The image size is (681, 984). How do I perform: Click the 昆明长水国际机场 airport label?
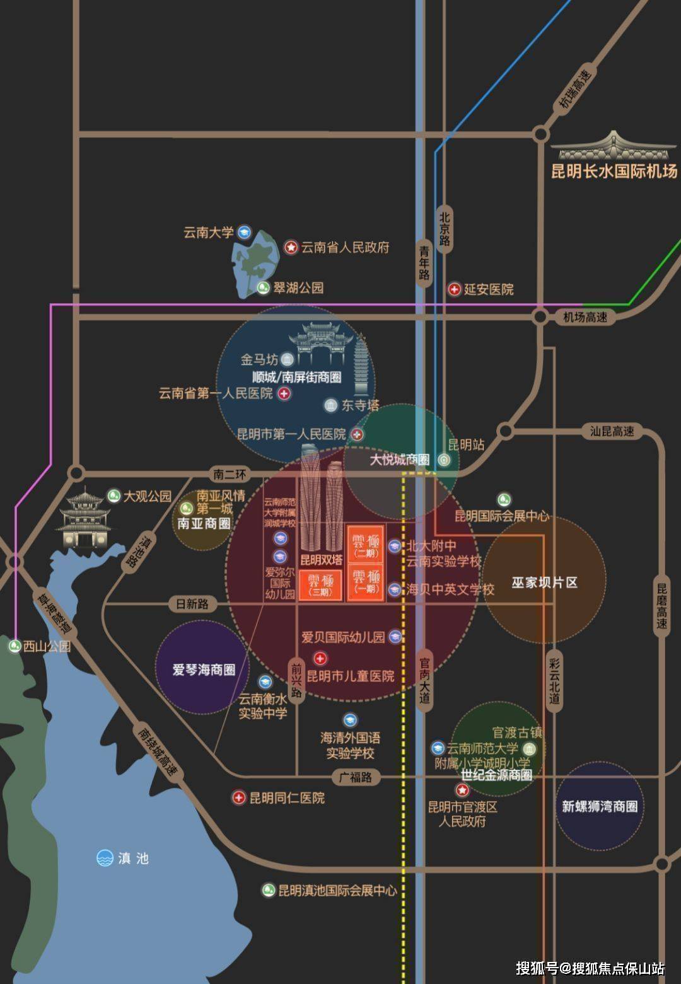click(x=614, y=171)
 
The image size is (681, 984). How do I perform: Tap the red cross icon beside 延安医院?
click(x=454, y=289)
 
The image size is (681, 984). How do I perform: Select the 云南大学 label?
click(x=209, y=233)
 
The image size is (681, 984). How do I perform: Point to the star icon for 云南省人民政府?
click(x=291, y=248)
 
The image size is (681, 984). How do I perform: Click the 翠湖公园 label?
click(x=298, y=288)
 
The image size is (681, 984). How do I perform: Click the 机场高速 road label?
click(x=585, y=318)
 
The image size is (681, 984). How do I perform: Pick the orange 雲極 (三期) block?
click(x=320, y=585)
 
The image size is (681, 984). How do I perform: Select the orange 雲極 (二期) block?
click(x=365, y=545)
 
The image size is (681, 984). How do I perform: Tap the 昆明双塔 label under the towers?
click(x=321, y=560)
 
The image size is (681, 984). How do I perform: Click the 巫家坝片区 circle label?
click(x=544, y=582)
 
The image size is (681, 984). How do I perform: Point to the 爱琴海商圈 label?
click(x=204, y=669)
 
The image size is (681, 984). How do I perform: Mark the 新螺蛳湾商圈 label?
click(x=600, y=806)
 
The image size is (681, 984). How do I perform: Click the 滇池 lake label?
click(x=133, y=858)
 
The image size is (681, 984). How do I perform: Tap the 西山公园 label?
click(x=47, y=646)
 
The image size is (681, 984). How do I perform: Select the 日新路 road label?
click(x=192, y=604)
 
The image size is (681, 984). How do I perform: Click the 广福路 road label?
click(x=356, y=777)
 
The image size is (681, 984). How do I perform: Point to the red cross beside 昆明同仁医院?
click(x=238, y=798)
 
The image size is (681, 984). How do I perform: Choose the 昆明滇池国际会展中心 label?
click(x=337, y=890)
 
